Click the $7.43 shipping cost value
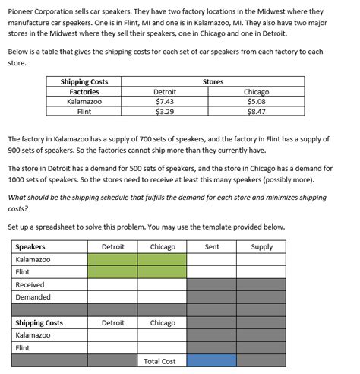point(165,101)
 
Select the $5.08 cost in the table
point(256,101)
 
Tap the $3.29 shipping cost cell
point(165,111)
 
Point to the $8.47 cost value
point(256,111)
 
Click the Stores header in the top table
point(213,81)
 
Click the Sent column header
point(211,247)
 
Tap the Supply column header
point(261,247)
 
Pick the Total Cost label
point(159,361)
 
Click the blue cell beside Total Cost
point(211,361)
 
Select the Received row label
point(30,284)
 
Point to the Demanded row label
point(33,297)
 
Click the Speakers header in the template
point(30,247)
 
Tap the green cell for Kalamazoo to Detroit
point(112,259)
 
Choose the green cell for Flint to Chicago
point(163,272)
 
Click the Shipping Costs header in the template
point(39,323)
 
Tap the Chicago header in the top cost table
point(256,91)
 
